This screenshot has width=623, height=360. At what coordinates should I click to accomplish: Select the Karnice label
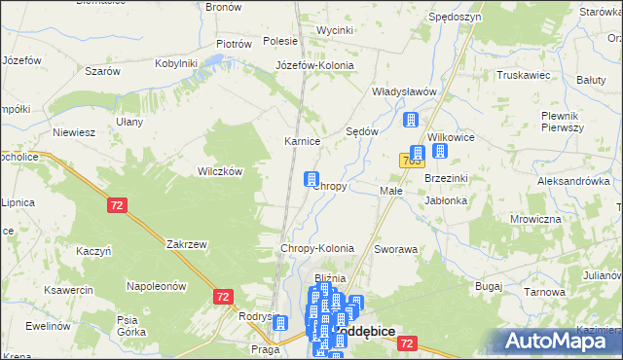(x=302, y=141)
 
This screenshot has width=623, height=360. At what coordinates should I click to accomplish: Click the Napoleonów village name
(x=156, y=286)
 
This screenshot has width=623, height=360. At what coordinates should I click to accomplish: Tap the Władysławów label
(x=403, y=91)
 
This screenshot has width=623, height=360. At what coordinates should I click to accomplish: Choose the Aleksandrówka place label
(x=573, y=181)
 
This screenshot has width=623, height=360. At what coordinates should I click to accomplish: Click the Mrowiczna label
(x=536, y=219)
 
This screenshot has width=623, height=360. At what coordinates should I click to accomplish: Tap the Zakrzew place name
(x=187, y=244)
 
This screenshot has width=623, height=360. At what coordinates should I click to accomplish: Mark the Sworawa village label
(x=395, y=249)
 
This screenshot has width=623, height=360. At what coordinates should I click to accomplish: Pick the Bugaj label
(x=488, y=286)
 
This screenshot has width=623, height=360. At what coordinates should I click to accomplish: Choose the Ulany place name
(x=129, y=122)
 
